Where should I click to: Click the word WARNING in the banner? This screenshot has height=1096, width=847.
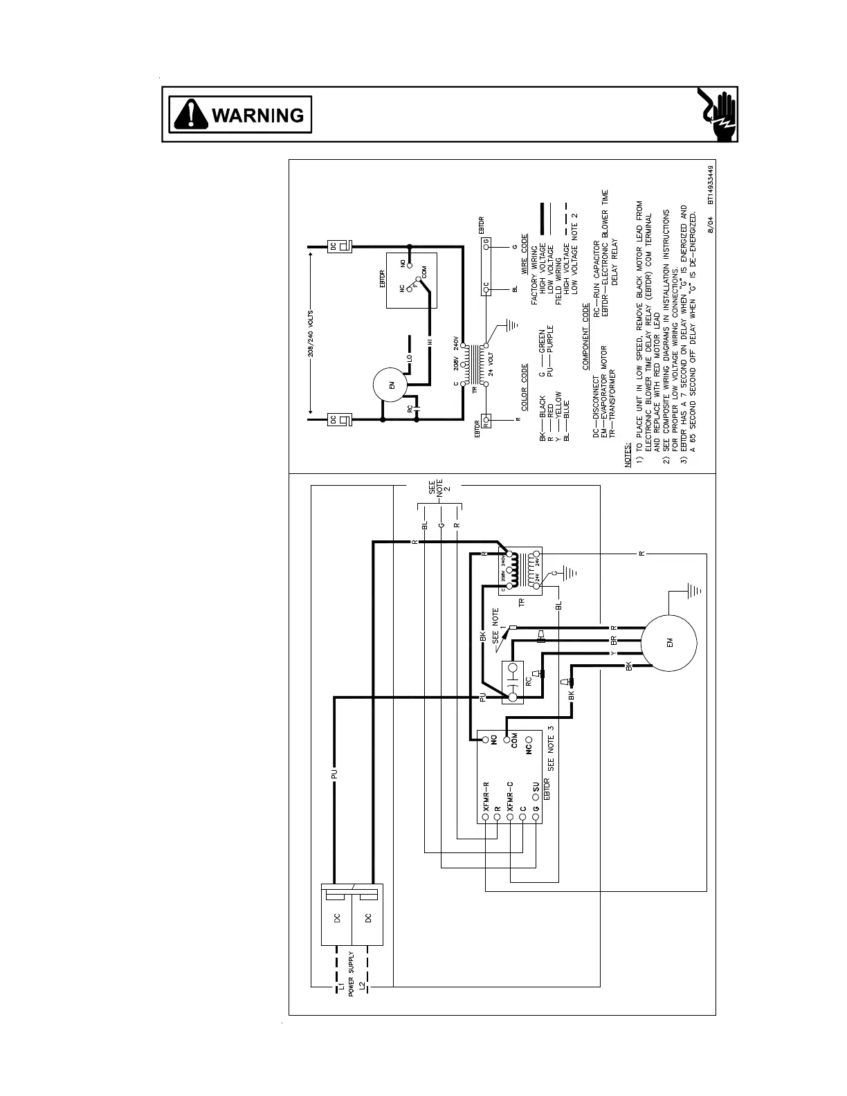(258, 115)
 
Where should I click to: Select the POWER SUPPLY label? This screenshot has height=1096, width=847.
(351, 974)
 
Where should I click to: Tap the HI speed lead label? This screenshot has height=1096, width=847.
(429, 342)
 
